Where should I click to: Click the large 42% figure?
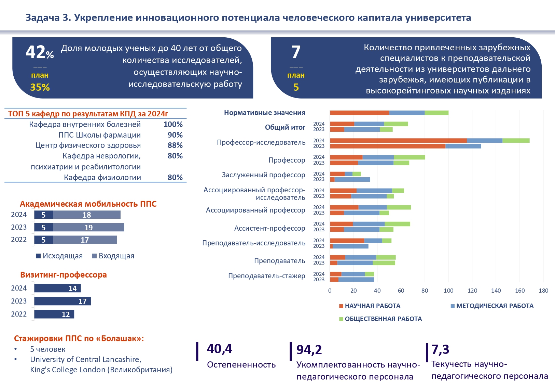pyautogui.click(x=39, y=53)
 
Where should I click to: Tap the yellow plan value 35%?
pyautogui.click(x=40, y=87)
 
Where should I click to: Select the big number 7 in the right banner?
pyautogui.click(x=296, y=52)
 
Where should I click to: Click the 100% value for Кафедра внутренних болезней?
pyautogui.click(x=173, y=124)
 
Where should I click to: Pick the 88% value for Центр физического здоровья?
pyautogui.click(x=175, y=145)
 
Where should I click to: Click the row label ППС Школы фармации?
pyautogui.click(x=99, y=135)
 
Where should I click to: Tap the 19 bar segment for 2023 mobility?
pyautogui.click(x=88, y=228)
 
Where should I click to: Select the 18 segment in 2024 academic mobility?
pyautogui.click(x=87, y=215)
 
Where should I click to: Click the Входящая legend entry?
pyautogui.click(x=113, y=256)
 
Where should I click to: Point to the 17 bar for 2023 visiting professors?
pyautogui.click(x=63, y=301)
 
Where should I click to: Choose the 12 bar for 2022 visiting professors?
pyautogui.click(x=54, y=314)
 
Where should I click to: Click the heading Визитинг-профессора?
pyautogui.click(x=64, y=275)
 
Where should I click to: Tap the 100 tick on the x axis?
pyautogui.click(x=448, y=291)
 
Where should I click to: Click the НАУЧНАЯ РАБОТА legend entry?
pyautogui.click(x=370, y=306)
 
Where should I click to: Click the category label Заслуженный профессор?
pyautogui.click(x=263, y=175)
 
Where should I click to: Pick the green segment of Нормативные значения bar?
pyautogui.click(x=436, y=113)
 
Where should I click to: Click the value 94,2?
pyautogui.click(x=309, y=349)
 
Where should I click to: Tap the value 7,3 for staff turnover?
pyautogui.click(x=440, y=349)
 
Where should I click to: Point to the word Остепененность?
pyautogui.click(x=241, y=364)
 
